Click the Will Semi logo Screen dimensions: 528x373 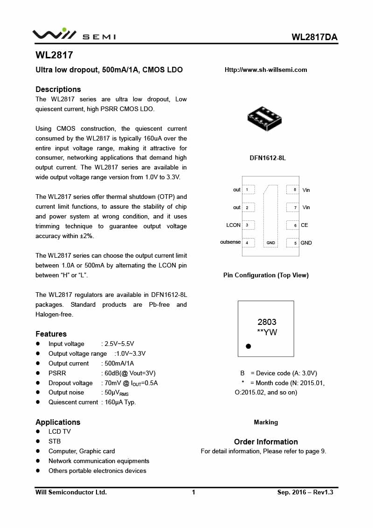coord(74,35)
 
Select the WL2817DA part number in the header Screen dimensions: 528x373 coord(315,37)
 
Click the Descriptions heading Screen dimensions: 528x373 coord(58,89)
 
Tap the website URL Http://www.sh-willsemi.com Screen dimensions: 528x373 coord(266,70)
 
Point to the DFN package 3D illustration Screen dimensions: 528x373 coord(265,118)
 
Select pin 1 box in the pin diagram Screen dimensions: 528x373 coord(249,190)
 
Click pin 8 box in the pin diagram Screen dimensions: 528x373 coord(292,190)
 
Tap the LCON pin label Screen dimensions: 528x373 coord(233,225)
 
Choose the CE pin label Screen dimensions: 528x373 coord(304,225)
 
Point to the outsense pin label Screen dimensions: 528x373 coord(230,242)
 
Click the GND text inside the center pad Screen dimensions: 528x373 coord(271,243)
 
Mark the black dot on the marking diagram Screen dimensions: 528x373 coord(249,346)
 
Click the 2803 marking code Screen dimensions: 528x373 coord(267,322)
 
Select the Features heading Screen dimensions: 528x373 coord(51,334)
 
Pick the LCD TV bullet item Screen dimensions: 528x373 coord(60,432)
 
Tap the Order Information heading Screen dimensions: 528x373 coord(266,442)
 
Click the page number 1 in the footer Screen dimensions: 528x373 coord(193,492)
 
